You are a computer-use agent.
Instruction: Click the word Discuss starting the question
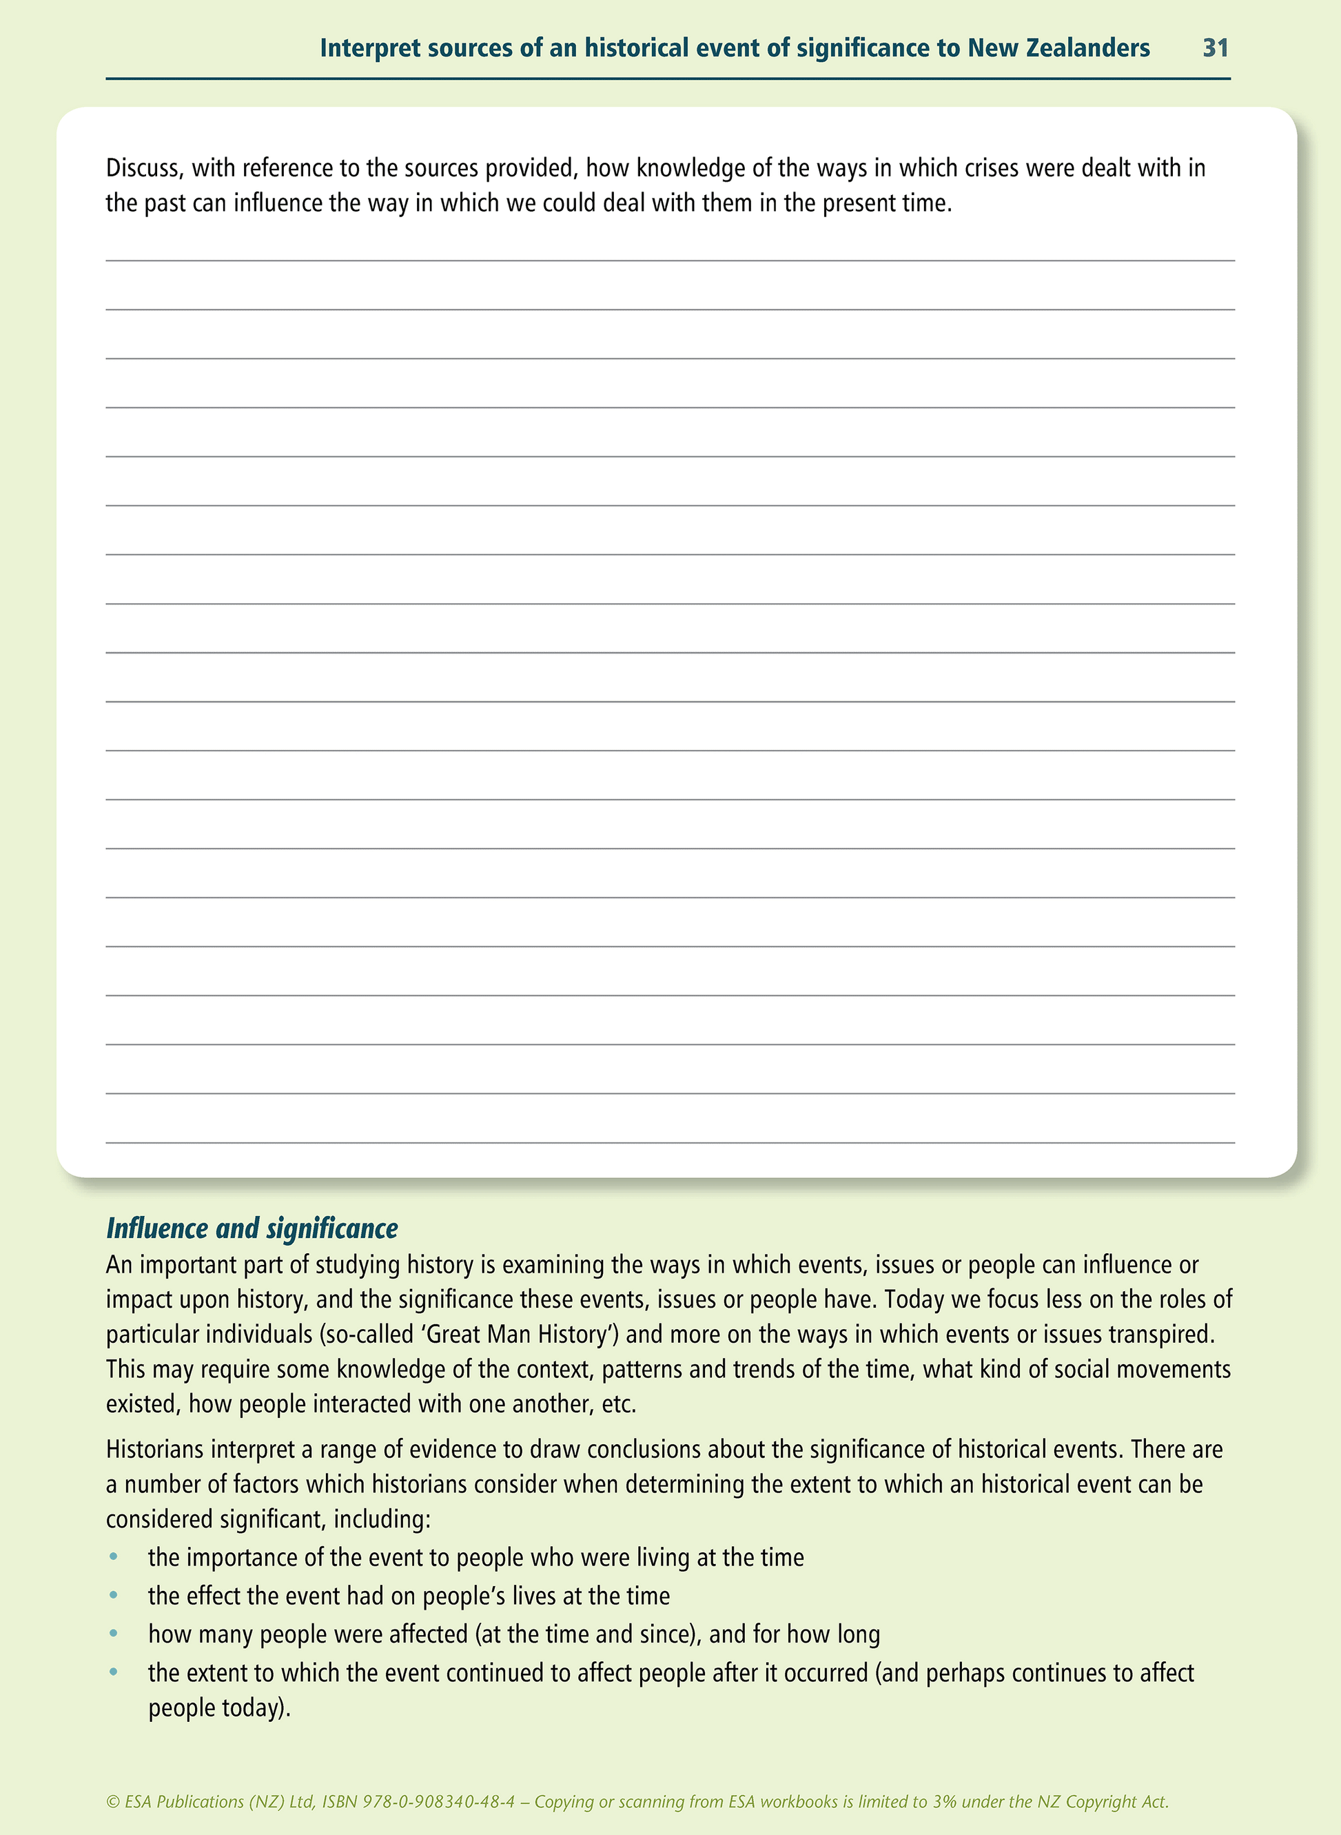143,168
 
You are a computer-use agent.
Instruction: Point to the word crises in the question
991,168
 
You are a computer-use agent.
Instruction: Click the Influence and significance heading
252,1228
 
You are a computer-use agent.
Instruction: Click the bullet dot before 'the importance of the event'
114,1557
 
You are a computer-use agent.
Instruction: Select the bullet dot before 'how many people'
114,1634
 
